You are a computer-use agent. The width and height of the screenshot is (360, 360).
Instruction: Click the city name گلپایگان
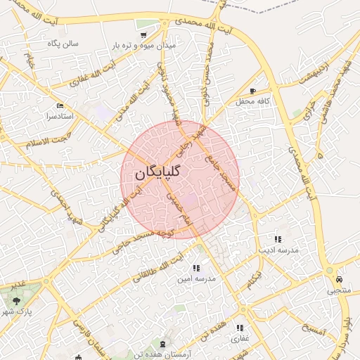(155, 171)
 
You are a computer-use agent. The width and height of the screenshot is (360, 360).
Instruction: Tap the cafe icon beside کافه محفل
(253, 91)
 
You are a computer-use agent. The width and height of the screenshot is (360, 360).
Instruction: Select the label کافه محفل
(253, 102)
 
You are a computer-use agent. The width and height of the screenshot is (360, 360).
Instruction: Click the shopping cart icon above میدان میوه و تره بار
(143, 34)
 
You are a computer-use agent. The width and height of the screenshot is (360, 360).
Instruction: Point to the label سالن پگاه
(63, 44)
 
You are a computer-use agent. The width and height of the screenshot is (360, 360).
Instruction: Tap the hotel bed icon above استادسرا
(60, 105)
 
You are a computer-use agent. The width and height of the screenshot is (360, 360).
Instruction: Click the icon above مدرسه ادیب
(278, 239)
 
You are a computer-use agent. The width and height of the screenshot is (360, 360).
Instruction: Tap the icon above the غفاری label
(240, 328)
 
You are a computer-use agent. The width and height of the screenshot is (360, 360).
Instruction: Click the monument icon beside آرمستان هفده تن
(164, 342)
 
